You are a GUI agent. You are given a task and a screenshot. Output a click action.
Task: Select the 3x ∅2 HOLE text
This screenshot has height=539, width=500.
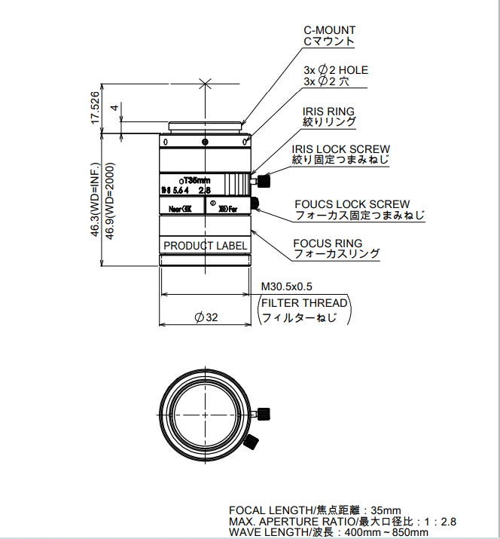click(335, 70)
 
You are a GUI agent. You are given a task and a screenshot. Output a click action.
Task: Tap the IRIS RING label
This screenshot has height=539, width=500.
click(328, 112)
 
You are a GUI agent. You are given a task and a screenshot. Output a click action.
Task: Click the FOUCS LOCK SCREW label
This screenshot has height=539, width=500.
click(352, 204)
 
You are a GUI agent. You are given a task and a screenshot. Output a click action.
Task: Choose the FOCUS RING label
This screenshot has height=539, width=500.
click(328, 243)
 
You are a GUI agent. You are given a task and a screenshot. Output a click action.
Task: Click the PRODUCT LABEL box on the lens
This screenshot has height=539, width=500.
click(206, 246)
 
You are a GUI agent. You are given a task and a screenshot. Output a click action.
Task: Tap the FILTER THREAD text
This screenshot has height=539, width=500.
click(304, 303)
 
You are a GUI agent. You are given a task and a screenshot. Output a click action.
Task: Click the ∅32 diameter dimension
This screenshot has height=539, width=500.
click(206, 317)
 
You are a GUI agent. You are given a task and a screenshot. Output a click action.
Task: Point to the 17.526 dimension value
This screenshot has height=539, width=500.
click(94, 107)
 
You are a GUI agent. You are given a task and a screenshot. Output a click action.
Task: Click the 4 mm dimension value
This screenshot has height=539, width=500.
click(114, 108)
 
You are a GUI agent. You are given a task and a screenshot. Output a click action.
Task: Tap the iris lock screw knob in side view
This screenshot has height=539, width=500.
click(264, 181)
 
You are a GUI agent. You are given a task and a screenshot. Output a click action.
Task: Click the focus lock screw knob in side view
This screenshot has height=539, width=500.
click(254, 202)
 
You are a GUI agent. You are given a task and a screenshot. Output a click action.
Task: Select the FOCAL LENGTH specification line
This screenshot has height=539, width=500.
click(314, 510)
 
